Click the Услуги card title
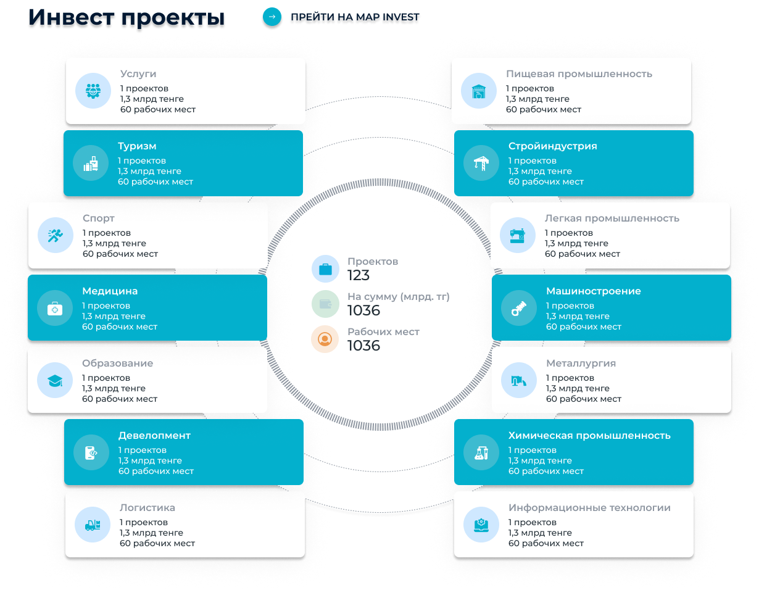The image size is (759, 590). (x=138, y=74)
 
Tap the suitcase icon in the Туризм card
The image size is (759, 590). (x=91, y=164)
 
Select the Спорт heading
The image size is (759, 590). (x=99, y=218)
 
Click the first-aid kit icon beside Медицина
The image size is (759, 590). (x=55, y=308)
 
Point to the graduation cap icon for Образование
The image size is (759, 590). (x=55, y=380)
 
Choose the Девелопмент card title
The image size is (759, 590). (x=154, y=436)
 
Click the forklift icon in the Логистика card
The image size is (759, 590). (x=93, y=525)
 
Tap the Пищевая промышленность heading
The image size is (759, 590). (x=579, y=74)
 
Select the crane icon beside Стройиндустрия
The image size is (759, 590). (x=480, y=164)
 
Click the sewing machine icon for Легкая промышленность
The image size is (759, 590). (x=516, y=235)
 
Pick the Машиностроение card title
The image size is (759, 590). (x=593, y=291)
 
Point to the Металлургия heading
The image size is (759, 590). (x=581, y=364)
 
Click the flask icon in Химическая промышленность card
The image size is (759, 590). (x=480, y=452)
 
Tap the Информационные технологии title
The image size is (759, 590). (x=589, y=508)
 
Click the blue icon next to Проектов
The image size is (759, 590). (x=325, y=268)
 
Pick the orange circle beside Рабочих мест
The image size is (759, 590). (x=325, y=339)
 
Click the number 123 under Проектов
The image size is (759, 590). (x=358, y=275)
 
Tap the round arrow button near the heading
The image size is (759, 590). (x=272, y=17)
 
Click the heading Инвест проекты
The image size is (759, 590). (x=126, y=19)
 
